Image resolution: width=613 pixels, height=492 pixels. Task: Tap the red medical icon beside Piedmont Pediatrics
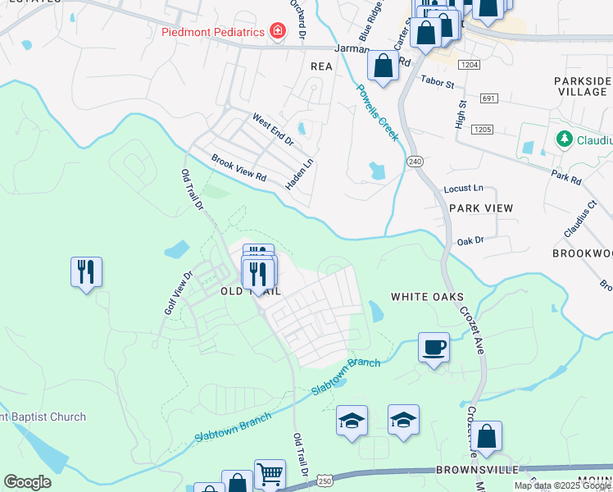pos(278,31)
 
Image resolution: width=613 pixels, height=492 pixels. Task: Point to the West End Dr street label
pos(272,130)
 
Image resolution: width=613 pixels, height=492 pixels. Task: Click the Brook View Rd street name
pos(239,167)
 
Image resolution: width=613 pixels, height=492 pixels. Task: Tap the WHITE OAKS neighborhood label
pos(427,297)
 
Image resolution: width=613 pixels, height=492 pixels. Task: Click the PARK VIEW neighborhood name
pos(480,208)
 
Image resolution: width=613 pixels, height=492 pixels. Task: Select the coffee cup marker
pos(434,347)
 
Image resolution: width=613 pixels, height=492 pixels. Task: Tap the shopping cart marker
pos(269,473)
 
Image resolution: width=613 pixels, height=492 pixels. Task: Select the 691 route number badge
pos(489,98)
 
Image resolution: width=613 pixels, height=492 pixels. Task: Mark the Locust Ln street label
pos(463,189)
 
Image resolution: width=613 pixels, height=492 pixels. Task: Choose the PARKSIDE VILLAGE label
pos(582,86)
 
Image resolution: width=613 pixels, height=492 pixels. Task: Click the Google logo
pos(28,481)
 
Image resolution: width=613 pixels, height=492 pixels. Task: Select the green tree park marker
pos(564,139)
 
